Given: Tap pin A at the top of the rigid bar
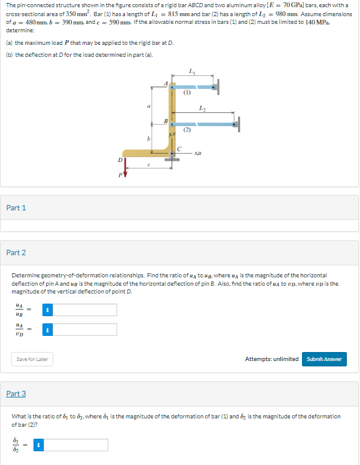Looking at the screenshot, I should [172, 87].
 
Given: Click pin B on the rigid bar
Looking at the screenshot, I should [172, 124].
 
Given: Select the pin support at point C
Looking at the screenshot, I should [172, 154].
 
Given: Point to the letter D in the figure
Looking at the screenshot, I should [120, 160].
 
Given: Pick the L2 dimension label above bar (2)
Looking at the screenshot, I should [204, 108].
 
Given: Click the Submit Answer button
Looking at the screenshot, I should [324, 359].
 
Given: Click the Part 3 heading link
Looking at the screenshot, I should [16, 393].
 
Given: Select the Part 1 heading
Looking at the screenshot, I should [16, 207].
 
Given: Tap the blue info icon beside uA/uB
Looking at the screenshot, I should [50, 310].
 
